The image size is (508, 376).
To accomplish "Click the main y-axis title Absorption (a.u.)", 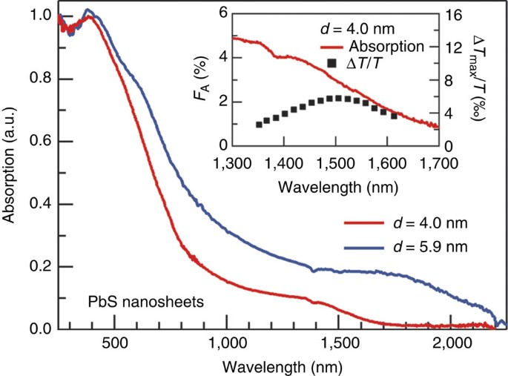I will (x=13, y=171).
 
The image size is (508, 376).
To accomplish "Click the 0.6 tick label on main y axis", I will (x=35, y=142).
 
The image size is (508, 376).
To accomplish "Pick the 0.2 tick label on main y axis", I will (x=35, y=266).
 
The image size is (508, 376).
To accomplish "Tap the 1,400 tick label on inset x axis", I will (x=285, y=162).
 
